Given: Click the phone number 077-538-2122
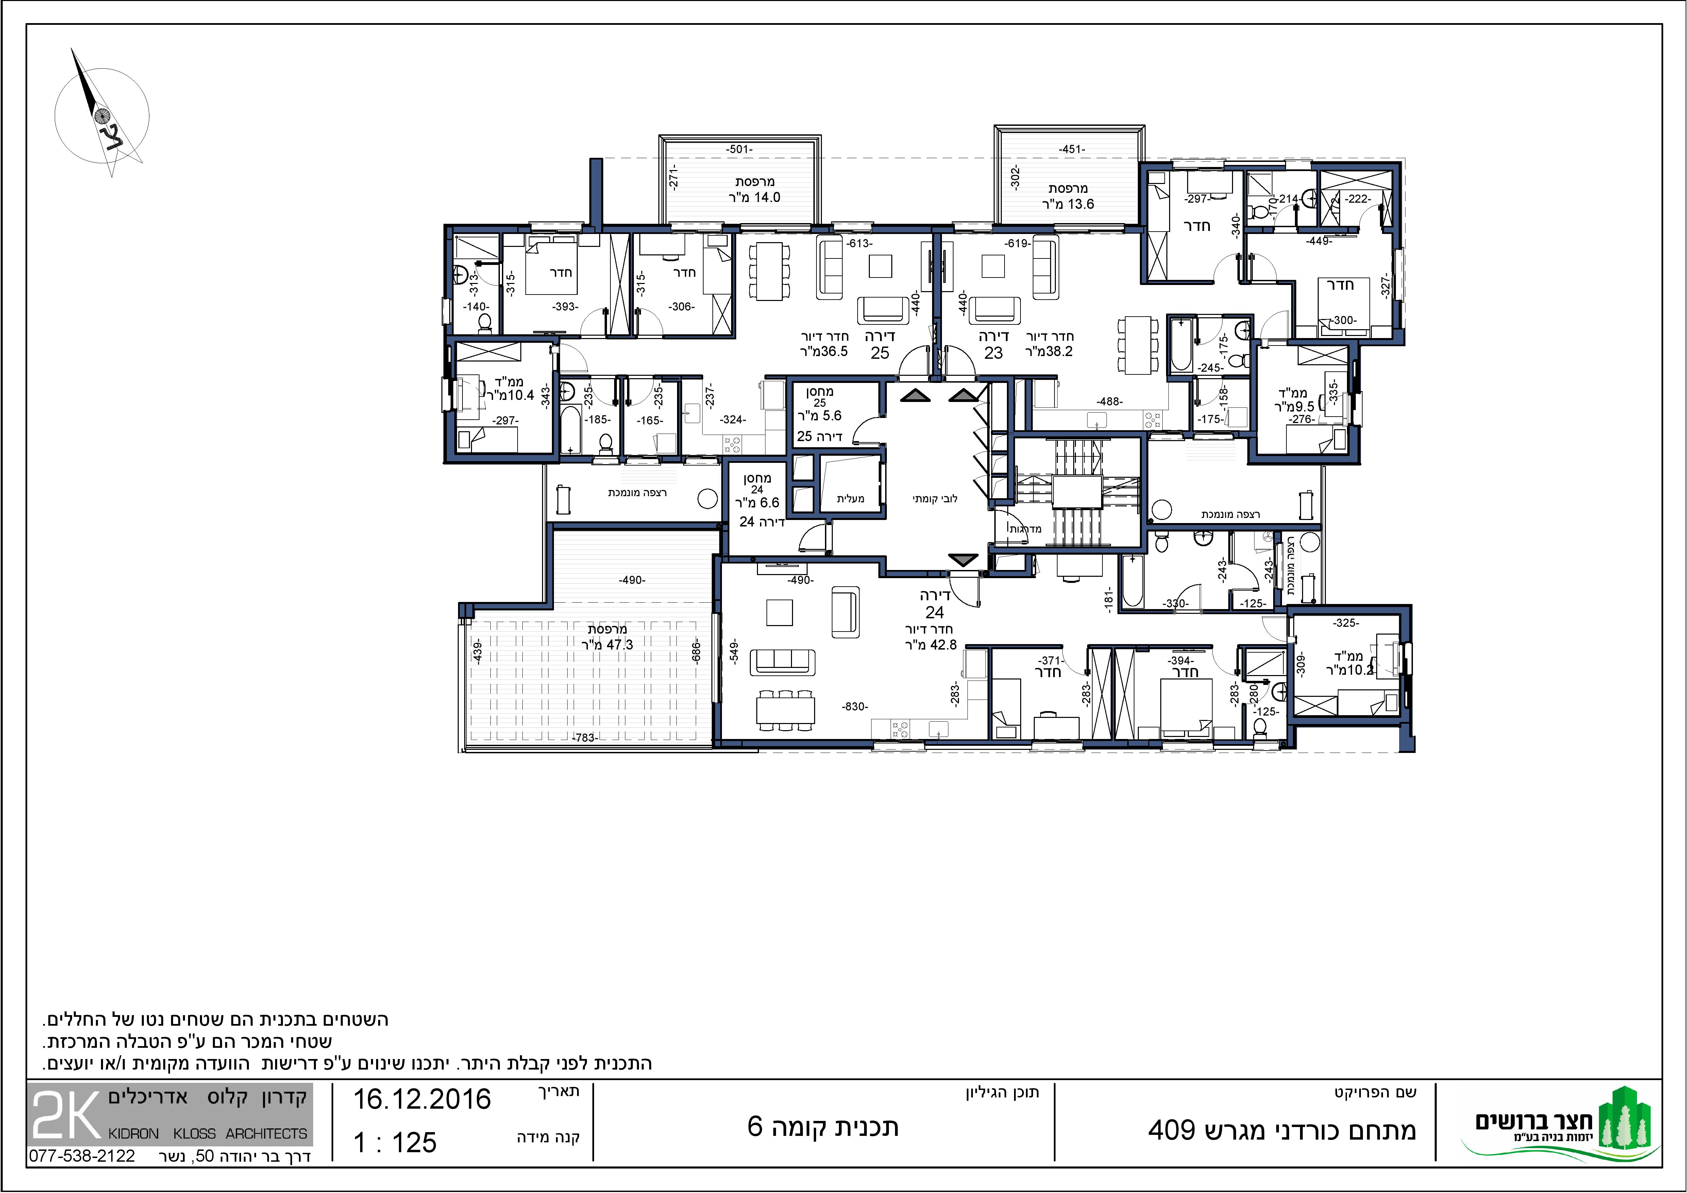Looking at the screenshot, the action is pos(82,1156).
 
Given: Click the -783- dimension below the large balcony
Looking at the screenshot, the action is pos(584,738).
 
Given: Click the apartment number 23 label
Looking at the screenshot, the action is pos(993,353).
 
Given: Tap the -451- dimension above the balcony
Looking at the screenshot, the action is pos(1072,149).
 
